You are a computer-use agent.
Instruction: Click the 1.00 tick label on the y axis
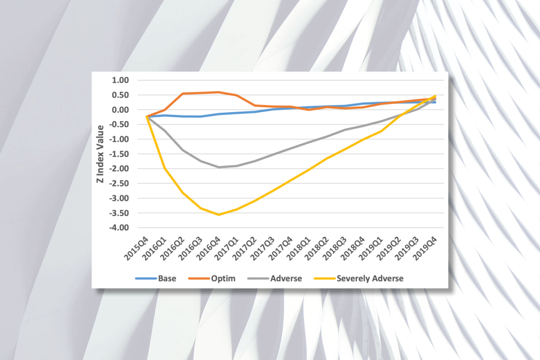tap(120, 80)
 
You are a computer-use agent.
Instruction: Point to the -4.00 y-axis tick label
tap(119, 228)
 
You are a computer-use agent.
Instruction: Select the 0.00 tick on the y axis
tap(120, 110)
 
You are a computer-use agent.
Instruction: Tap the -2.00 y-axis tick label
tap(119, 169)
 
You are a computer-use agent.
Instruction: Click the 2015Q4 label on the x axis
tap(136, 248)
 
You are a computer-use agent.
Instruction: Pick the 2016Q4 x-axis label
tap(208, 248)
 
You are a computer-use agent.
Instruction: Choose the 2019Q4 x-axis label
tap(425, 248)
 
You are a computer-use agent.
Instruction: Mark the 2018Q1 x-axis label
tap(299, 248)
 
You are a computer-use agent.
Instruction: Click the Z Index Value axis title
tap(100, 154)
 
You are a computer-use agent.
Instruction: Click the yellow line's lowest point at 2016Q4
tap(219, 215)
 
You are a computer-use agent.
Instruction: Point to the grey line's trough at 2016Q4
tap(219, 167)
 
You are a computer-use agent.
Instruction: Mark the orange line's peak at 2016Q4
tap(219, 92)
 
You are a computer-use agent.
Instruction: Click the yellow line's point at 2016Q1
tap(165, 168)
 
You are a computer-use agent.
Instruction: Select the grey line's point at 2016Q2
tap(183, 150)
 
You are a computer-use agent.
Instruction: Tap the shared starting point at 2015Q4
tap(147, 117)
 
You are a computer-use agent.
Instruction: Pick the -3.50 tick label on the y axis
tap(119, 213)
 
